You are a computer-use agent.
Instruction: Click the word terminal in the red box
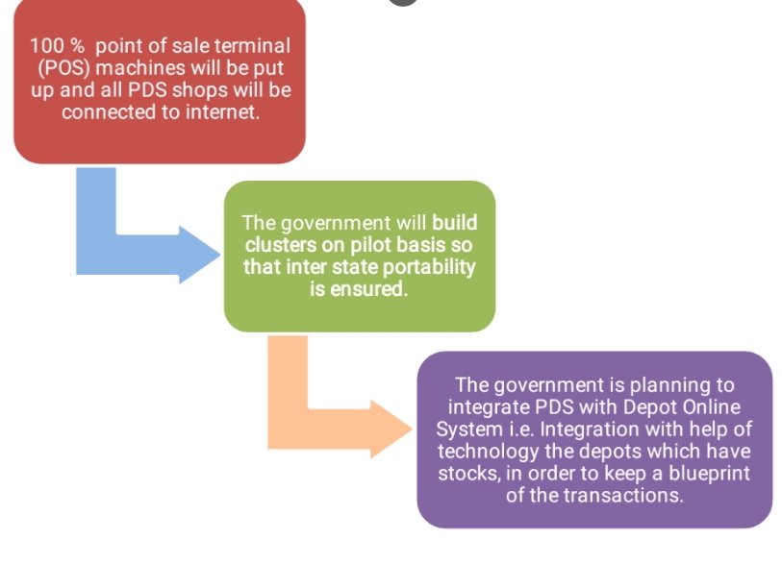pos(253,45)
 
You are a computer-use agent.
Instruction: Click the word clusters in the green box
pos(277,245)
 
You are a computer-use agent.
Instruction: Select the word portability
pos(424,267)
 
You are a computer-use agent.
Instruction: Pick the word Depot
pos(642,406)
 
